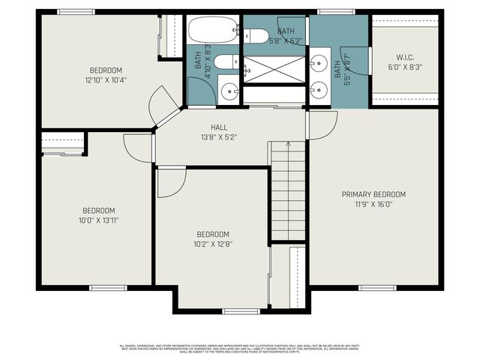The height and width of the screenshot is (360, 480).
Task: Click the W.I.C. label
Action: click(x=405, y=58)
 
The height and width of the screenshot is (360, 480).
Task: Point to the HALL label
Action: click(x=219, y=127)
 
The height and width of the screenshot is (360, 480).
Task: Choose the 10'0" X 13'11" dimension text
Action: click(x=98, y=220)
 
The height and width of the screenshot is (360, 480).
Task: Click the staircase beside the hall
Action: click(x=288, y=190)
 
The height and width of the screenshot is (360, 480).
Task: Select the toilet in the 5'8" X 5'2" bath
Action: click(x=256, y=35)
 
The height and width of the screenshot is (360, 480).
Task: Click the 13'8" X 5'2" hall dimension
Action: click(x=219, y=137)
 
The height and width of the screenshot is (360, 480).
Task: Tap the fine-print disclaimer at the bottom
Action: click(x=240, y=348)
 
